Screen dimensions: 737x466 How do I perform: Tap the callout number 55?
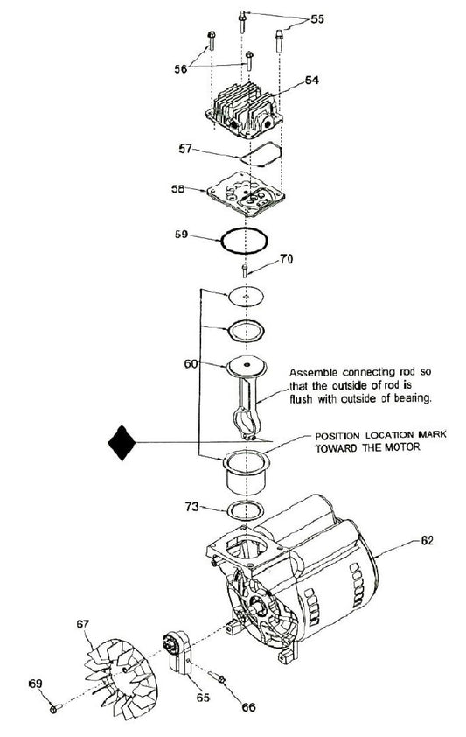316,18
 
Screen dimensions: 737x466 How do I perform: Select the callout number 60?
189,362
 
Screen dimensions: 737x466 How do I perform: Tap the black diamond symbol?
122,445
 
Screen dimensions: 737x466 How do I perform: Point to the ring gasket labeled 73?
245,510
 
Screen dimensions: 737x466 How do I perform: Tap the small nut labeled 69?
53,707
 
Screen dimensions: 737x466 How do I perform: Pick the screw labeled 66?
221,681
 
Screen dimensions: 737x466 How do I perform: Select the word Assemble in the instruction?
313,368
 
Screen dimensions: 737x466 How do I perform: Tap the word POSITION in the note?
335,436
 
